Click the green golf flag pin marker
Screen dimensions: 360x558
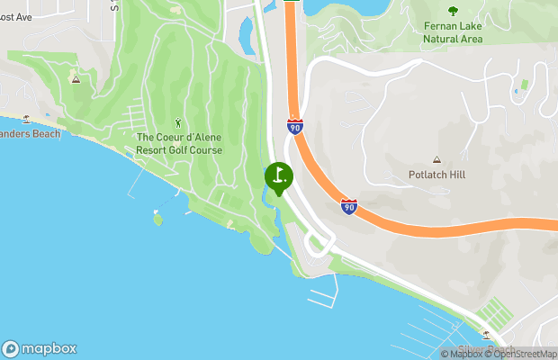(x=278, y=175)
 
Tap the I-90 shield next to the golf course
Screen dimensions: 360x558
(x=295, y=127)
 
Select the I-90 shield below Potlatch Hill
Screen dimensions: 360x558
(x=349, y=207)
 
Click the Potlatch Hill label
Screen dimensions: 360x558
(x=436, y=174)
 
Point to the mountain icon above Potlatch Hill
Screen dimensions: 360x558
(x=437, y=158)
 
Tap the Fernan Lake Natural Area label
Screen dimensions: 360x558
(x=453, y=32)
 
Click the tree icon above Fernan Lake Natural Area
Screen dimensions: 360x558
(x=453, y=10)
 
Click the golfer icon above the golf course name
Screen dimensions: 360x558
(x=177, y=121)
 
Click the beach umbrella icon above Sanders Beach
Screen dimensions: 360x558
(x=26, y=119)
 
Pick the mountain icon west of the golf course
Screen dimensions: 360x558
(x=76, y=79)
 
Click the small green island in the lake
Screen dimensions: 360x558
(x=158, y=219)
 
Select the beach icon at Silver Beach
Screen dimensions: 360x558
(x=487, y=335)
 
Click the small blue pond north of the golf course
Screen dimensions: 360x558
(x=246, y=34)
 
